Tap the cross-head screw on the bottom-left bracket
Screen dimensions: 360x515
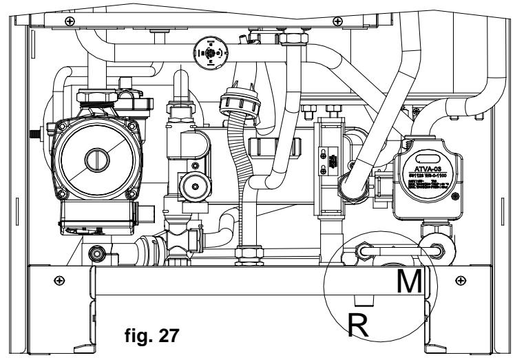[61, 281]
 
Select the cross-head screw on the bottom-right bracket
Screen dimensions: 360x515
[460, 281]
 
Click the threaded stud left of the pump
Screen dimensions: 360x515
[36, 129]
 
